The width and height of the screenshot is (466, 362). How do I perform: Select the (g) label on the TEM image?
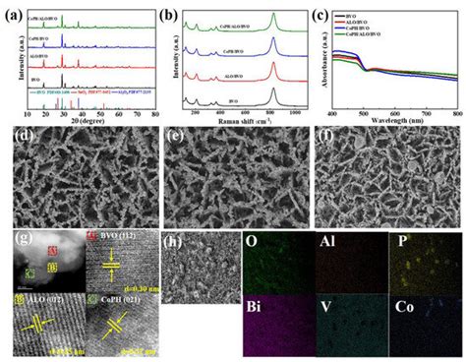[x=17, y=238]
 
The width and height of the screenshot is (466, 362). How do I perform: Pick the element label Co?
[x=403, y=305]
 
